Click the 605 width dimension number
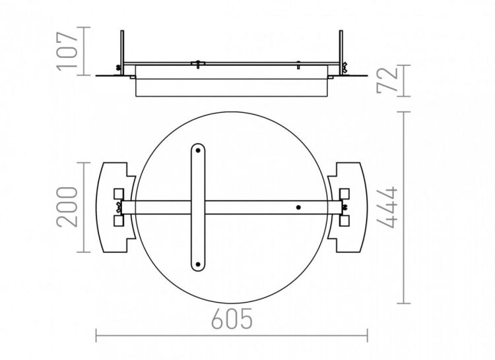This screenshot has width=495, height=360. [232, 318]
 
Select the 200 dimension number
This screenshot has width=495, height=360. [67, 207]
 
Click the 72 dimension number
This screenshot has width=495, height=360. [387, 80]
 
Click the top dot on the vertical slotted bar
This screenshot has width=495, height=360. [198, 151]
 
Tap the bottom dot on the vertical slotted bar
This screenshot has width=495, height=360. [198, 264]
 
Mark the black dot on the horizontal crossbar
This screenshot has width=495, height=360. [298, 208]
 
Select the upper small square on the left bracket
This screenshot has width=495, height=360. [119, 194]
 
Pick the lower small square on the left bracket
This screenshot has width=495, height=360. [119, 221]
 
